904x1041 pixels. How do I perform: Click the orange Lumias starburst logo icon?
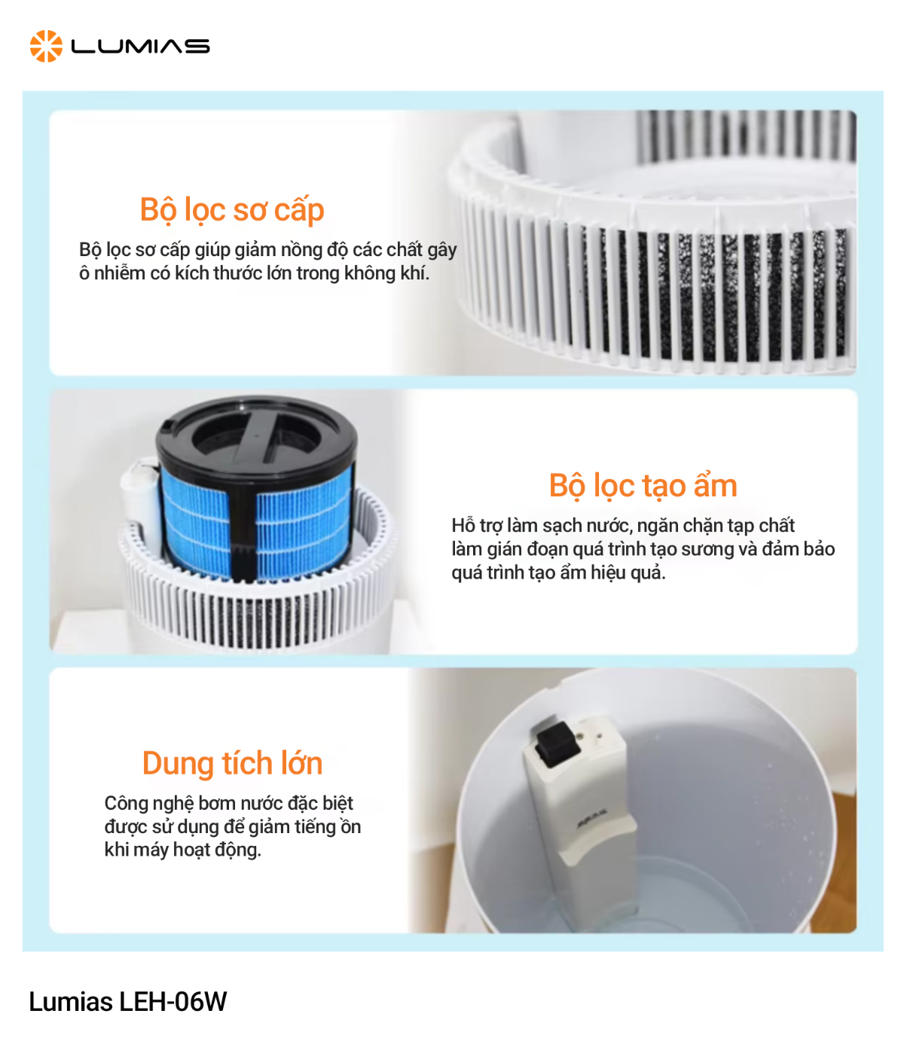[x=46, y=46]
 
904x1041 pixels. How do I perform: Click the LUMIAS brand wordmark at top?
[x=140, y=47]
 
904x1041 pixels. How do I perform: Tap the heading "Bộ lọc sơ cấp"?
[x=232, y=209]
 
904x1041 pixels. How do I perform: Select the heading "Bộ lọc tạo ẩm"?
[x=643, y=486]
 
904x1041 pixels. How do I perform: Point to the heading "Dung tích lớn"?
[x=232, y=763]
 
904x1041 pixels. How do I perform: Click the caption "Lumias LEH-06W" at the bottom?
[x=127, y=1002]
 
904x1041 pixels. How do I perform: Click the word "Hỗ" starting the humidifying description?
[x=463, y=525]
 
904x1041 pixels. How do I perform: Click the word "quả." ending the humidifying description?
[x=648, y=572]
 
